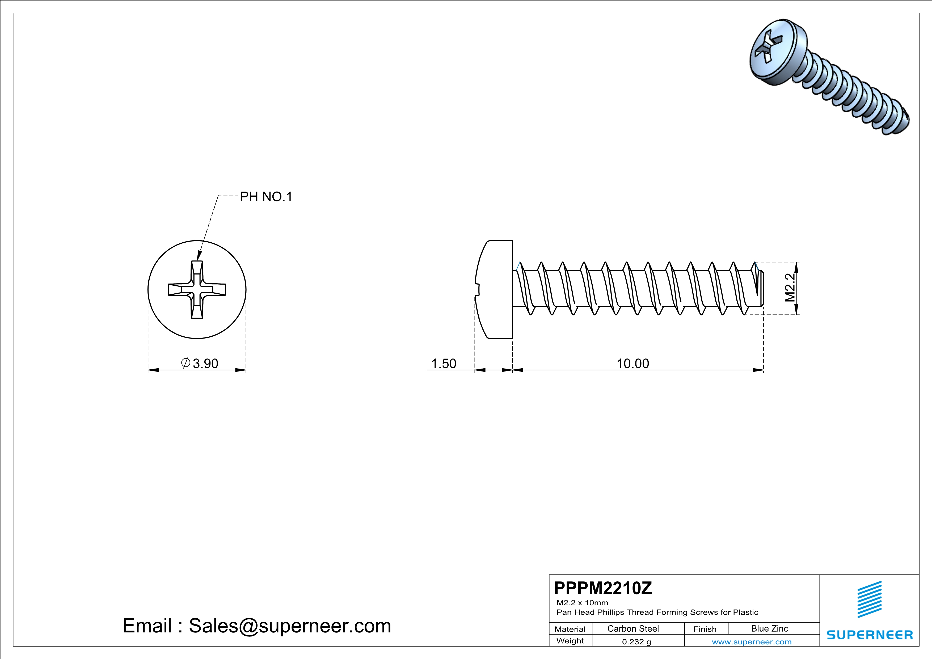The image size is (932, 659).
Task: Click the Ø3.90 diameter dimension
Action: pos(200,363)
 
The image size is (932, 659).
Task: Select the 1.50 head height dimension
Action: pos(444,364)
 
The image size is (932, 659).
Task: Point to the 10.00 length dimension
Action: pos(633,364)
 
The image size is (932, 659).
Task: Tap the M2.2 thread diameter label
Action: pos(790,288)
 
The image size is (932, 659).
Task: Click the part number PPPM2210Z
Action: pos(603,588)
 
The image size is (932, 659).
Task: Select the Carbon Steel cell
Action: pos(633,628)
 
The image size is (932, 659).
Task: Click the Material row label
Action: pos(570,629)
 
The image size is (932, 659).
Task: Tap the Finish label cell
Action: pos(705,629)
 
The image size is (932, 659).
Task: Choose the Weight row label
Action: pos(570,641)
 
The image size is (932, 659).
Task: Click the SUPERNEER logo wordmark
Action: pos(870,635)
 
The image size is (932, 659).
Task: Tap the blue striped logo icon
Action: pos(870,599)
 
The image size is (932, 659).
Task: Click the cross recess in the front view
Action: pos(197,289)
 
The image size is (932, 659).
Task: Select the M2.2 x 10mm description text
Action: pos(582,603)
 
